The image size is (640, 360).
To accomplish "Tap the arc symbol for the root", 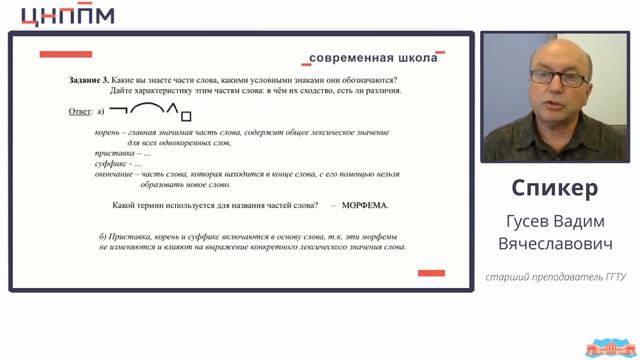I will click(147, 108).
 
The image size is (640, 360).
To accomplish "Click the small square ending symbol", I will click(186, 116).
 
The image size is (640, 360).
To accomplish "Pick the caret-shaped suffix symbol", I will click(171, 109).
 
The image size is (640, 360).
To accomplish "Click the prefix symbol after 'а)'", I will click(118, 109).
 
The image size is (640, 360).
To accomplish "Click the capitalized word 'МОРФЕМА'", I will click(365, 205).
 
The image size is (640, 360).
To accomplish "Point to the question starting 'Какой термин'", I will click(216, 205).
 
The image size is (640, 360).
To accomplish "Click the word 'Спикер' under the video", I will click(555, 188).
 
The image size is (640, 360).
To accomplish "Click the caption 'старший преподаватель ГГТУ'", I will click(555, 277).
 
